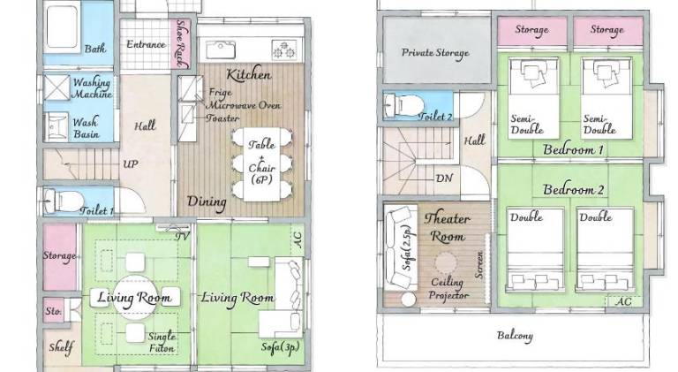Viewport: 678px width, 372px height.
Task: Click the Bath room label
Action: click(95, 49)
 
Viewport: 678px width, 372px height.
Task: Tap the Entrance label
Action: click(147, 44)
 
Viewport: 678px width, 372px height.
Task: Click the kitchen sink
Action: click(221, 50)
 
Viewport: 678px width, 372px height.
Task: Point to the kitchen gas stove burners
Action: click(284, 49)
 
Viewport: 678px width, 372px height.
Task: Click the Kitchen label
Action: click(249, 74)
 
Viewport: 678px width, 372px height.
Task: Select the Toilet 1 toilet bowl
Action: click(64, 201)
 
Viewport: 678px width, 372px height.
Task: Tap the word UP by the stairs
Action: click(131, 164)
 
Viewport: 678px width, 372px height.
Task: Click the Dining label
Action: click(207, 202)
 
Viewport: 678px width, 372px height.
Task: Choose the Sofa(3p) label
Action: click(280, 347)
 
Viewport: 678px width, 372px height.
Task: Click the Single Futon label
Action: click(162, 342)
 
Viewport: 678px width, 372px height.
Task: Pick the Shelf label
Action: click(61, 347)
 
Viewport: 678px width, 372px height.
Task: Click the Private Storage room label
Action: click(435, 53)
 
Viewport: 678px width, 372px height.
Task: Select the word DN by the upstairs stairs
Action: click(445, 178)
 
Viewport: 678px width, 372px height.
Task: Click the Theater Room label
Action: click(447, 227)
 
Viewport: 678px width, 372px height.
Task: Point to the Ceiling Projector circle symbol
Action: click(445, 263)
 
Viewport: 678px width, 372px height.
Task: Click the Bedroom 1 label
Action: click(573, 149)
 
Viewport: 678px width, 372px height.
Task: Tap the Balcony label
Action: click(515, 336)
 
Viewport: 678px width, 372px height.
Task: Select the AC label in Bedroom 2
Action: click(623, 301)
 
